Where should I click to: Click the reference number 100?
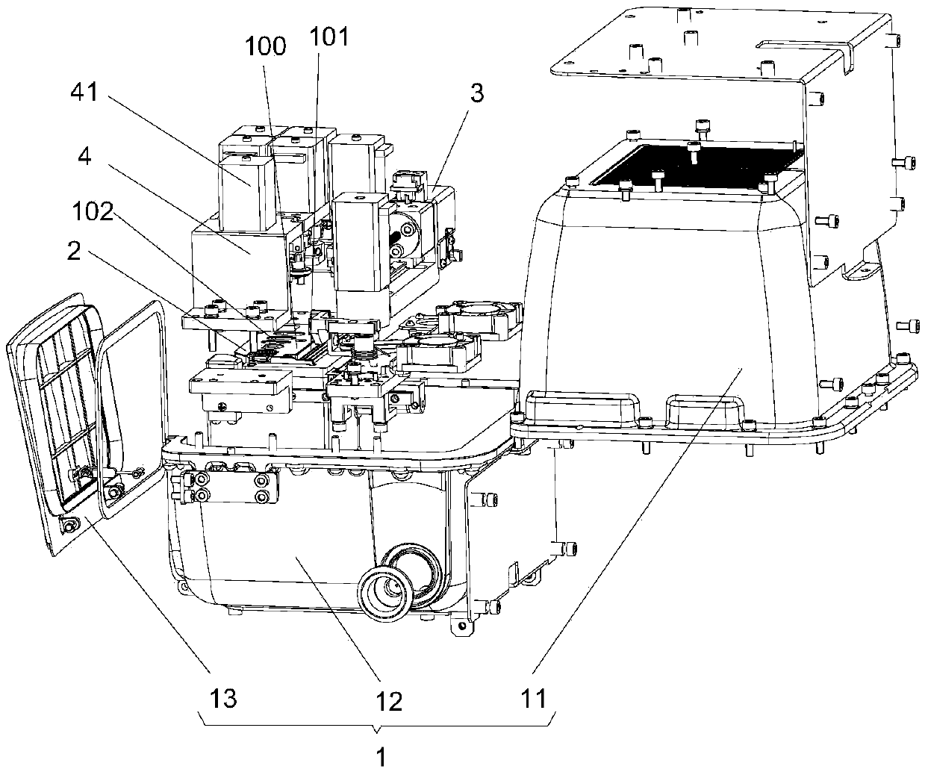point(268,46)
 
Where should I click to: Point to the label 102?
point(93,214)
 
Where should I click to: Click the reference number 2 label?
point(72,251)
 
